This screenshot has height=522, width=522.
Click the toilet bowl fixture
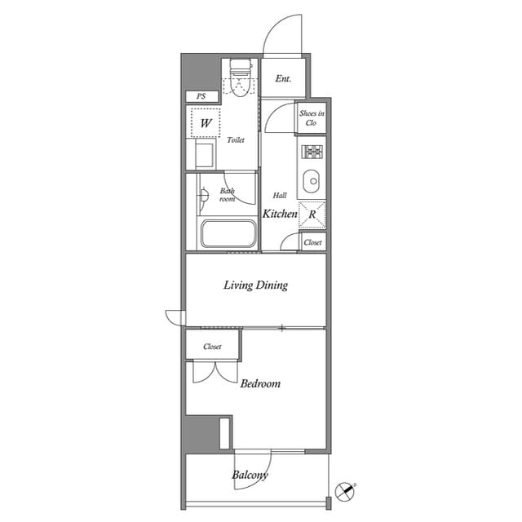pyautogui.click(x=240, y=77)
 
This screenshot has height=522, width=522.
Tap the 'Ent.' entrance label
pyautogui.click(x=283, y=78)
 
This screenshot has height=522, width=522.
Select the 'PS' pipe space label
pyautogui.click(x=201, y=96)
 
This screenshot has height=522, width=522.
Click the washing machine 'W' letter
pyautogui.click(x=206, y=123)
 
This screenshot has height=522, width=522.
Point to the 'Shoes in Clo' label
pyautogui.click(x=312, y=117)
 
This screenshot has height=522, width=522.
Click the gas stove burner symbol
pyautogui.click(x=312, y=152)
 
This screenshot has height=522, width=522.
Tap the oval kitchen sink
pyautogui.click(x=312, y=181)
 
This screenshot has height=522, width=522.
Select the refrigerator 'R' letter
pyautogui.click(x=312, y=215)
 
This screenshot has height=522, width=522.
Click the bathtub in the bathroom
pyautogui.click(x=228, y=233)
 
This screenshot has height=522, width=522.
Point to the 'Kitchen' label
pyautogui.click(x=280, y=214)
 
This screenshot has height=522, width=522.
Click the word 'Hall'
pyautogui.click(x=280, y=196)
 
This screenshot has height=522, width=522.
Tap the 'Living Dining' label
pyautogui.click(x=255, y=285)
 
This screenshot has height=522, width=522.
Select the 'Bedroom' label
pyautogui.click(x=260, y=383)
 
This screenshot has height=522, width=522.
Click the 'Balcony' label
pyautogui.click(x=250, y=475)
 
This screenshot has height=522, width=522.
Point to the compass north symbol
pyautogui.click(x=345, y=491)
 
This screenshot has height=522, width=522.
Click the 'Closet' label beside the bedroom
pyautogui.click(x=212, y=347)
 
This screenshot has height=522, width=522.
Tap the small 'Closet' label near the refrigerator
pyautogui.click(x=312, y=242)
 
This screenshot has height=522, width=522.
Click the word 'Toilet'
pyautogui.click(x=236, y=139)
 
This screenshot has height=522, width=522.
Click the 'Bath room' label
pyautogui.click(x=228, y=195)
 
